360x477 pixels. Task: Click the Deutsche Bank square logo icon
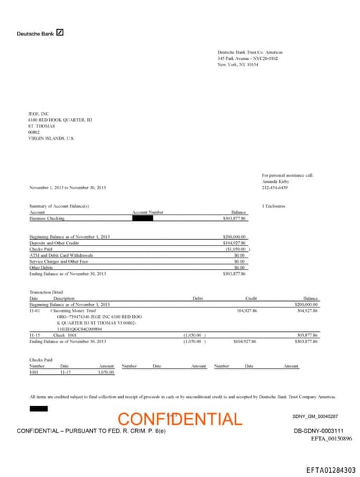(x=60, y=32)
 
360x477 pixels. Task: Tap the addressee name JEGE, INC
(x=38, y=113)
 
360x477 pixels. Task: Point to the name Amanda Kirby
(x=276, y=181)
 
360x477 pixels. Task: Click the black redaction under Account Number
(x=143, y=218)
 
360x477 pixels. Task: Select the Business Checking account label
(x=46, y=218)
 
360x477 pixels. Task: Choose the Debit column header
(x=198, y=298)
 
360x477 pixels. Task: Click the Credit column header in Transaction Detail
(x=250, y=298)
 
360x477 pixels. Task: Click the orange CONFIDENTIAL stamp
(x=179, y=419)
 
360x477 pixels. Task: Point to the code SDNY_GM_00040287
(x=315, y=416)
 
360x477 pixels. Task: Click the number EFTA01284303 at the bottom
(x=330, y=470)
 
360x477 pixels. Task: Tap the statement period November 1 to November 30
(x=67, y=187)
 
